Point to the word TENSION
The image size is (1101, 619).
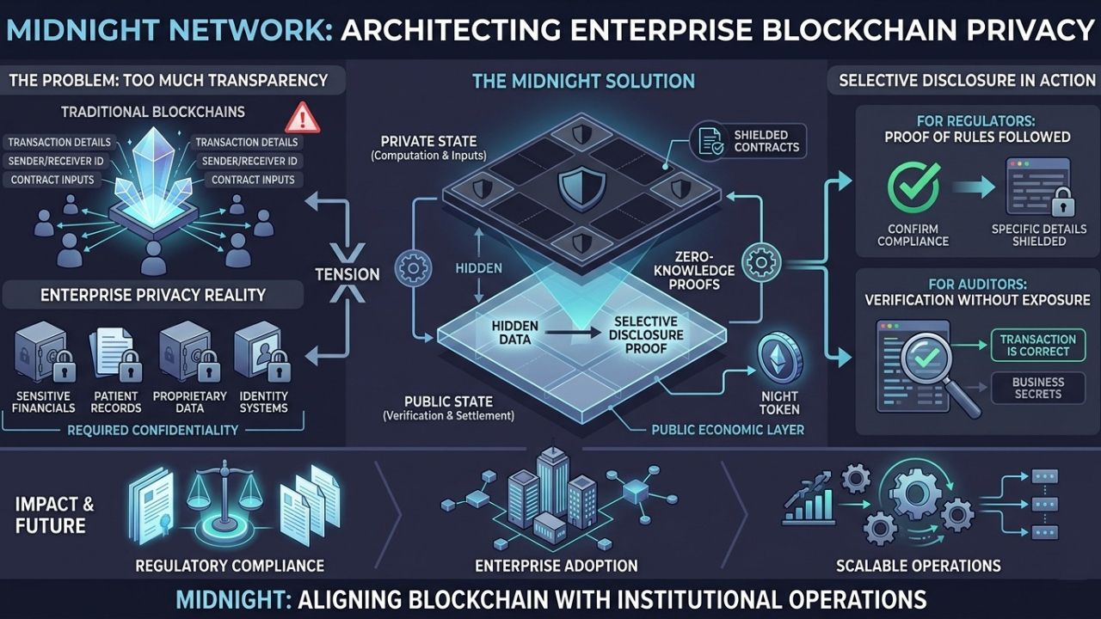(x=347, y=274)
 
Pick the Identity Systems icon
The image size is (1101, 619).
(x=263, y=353)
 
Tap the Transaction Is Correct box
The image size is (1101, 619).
(x=1038, y=346)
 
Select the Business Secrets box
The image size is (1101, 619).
(x=1038, y=388)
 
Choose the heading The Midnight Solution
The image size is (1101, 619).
(x=583, y=82)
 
